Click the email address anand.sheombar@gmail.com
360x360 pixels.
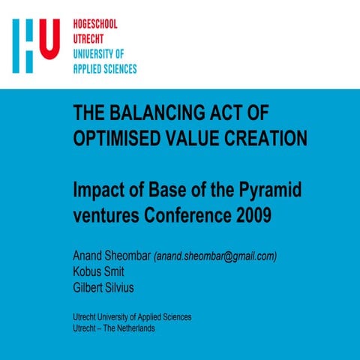click(216, 256)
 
